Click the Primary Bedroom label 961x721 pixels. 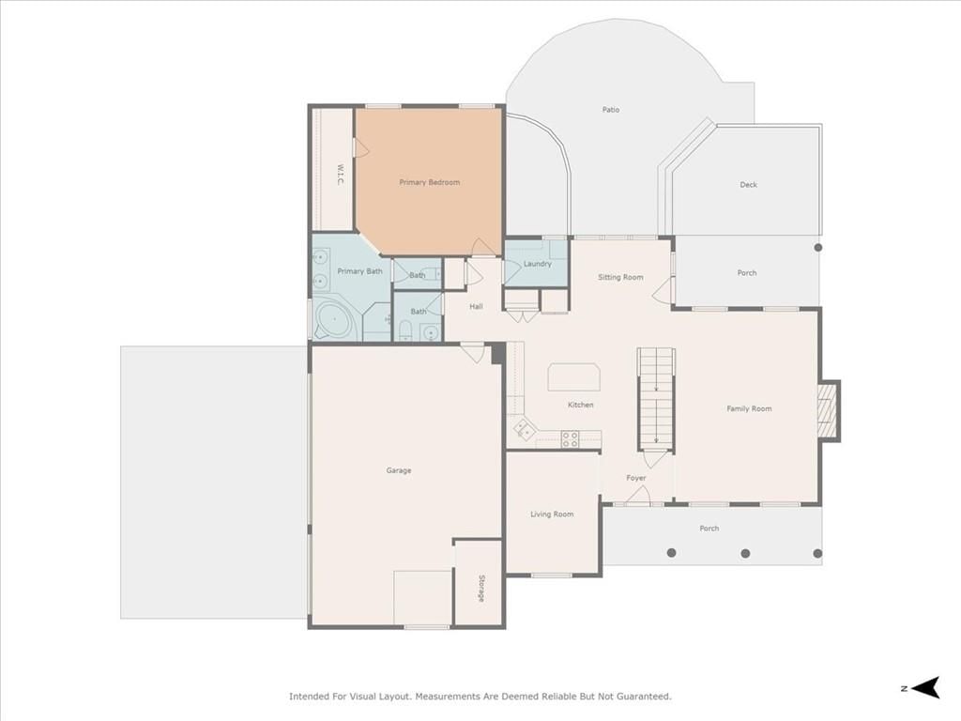[x=429, y=182]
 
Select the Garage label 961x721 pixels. [x=398, y=470]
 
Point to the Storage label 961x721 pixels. [x=481, y=588]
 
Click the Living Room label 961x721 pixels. [x=552, y=514]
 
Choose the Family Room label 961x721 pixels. [x=749, y=408]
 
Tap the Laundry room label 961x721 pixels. [x=538, y=264]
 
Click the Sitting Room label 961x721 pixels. [x=620, y=277]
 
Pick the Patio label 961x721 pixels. [x=610, y=110]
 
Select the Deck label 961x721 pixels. [x=748, y=185]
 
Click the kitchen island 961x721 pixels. [x=573, y=377]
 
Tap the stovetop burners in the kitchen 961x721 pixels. [x=570, y=439]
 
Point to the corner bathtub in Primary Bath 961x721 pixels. [x=334, y=319]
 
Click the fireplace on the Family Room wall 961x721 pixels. [x=828, y=411]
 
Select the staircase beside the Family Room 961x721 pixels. [x=656, y=398]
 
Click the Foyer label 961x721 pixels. [x=636, y=478]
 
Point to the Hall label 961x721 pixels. [x=476, y=307]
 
